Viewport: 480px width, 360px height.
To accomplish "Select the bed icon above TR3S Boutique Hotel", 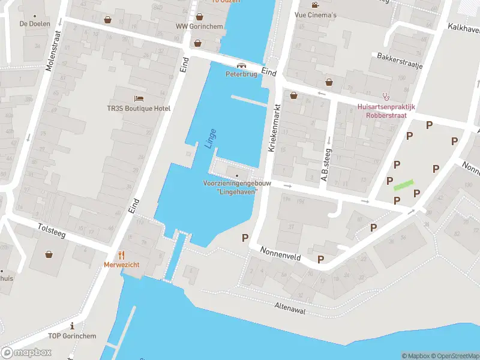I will tap(139, 98).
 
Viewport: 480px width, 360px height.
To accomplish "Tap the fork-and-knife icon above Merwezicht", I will tap(121, 254).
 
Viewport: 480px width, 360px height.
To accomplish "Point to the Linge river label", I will tap(209, 138).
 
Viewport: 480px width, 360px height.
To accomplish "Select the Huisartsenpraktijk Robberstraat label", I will tap(386, 112).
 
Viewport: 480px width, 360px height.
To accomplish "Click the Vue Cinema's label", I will tap(316, 14).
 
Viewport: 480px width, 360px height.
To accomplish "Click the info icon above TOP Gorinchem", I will tap(72, 326).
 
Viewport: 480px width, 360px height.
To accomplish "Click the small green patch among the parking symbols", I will tap(403, 185).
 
